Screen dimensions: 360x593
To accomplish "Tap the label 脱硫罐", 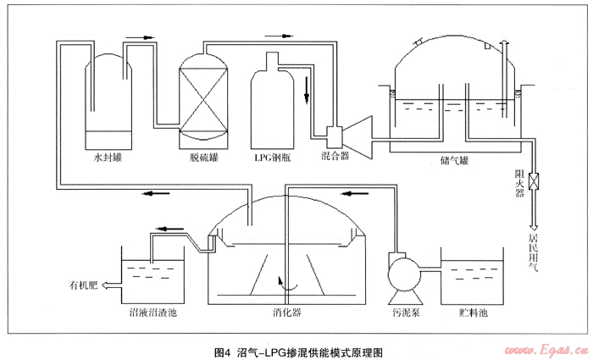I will (x=205, y=157).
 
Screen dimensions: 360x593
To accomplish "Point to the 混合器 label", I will (x=335, y=157).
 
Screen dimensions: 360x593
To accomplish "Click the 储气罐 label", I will (x=454, y=158).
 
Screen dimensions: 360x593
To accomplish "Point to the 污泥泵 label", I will (x=403, y=313).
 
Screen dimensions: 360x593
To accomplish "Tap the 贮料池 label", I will (x=472, y=313).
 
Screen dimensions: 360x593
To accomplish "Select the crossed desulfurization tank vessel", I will (x=205, y=96).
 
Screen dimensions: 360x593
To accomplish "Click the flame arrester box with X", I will (x=535, y=181).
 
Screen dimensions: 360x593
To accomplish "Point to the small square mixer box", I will (x=333, y=133).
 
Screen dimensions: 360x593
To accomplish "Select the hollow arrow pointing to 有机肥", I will (x=107, y=285).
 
